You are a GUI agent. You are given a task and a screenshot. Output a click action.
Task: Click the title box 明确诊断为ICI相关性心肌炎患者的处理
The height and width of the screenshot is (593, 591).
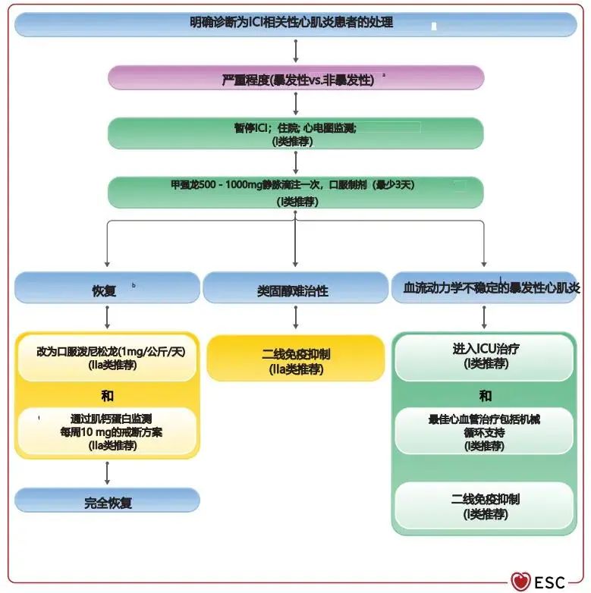295,24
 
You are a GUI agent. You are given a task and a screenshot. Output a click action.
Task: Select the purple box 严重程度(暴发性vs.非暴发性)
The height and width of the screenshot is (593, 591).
295,78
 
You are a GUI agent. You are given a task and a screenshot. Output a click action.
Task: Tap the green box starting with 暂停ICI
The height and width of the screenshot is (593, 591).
295,133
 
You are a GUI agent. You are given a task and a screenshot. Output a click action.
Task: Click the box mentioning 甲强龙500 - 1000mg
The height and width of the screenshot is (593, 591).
295,193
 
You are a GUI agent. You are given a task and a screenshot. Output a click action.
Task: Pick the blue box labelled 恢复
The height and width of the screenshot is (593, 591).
107,289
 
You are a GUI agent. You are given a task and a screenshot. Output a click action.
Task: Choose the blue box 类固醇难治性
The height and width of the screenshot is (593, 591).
295,289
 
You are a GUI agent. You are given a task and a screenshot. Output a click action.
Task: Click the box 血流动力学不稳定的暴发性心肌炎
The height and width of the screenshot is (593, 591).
484,289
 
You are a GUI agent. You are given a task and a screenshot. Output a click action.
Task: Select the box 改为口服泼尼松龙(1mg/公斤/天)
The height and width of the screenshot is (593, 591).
107,358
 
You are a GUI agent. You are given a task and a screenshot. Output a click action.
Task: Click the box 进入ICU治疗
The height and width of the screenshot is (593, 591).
484,356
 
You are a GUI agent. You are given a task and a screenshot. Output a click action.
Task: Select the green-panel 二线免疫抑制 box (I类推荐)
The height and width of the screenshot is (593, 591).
484,506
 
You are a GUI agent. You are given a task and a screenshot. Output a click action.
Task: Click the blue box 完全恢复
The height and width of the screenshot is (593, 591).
107,501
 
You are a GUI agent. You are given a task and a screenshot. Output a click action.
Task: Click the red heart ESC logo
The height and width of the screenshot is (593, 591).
520,582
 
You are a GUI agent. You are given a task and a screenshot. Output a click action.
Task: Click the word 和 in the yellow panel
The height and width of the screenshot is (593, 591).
107,395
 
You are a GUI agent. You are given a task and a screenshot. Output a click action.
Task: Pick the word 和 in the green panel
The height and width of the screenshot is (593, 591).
484,395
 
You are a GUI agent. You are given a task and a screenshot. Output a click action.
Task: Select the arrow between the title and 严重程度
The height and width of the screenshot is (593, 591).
295,51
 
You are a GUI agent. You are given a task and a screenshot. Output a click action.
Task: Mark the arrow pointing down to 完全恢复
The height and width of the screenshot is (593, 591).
107,473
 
